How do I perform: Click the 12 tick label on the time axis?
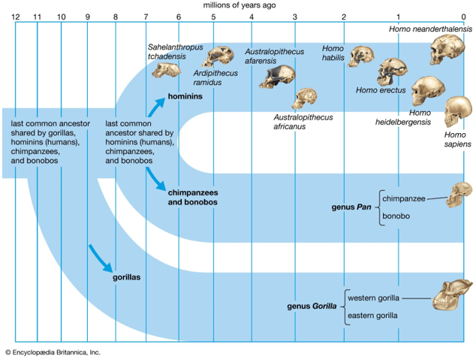tap(15, 17)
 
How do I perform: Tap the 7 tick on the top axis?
tap(146, 17)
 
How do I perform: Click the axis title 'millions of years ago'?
tap(239, 5)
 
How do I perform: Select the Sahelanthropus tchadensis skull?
tap(166, 70)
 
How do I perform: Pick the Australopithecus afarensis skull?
tap(276, 76)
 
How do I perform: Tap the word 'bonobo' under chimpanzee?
tap(396, 216)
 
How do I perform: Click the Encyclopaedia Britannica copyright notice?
tap(53, 352)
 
